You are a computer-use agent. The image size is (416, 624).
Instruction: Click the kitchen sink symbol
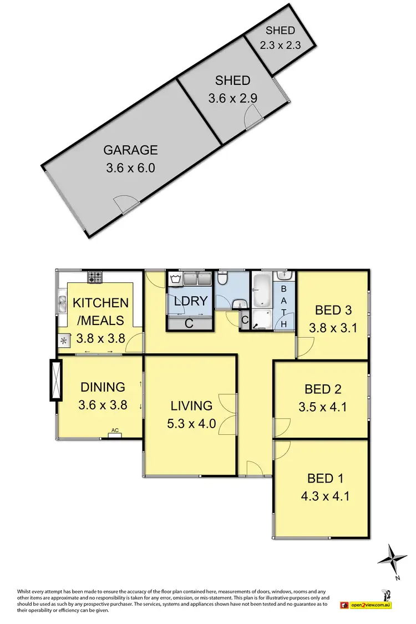[62, 303]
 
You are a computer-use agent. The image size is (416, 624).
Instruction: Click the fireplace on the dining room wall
[55, 380]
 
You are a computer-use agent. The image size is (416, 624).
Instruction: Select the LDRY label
[190, 301]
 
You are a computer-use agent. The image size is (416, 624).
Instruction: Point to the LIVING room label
[191, 405]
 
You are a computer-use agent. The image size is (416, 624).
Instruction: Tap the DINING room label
[103, 387]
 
